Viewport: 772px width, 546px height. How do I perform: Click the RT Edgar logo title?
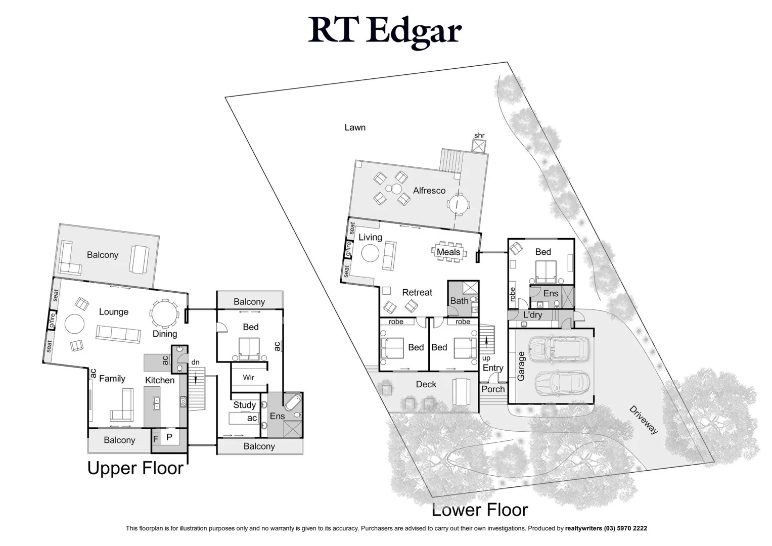tap(385, 30)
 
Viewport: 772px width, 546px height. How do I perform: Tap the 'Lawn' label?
tap(355, 127)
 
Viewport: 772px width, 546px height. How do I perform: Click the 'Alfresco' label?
tap(429, 191)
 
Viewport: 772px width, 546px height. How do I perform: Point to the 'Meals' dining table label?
tap(448, 252)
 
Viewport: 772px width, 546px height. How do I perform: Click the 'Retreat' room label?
tap(417, 292)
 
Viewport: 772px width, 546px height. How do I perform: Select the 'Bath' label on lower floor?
tap(459, 301)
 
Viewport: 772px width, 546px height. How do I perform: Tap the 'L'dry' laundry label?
tap(532, 315)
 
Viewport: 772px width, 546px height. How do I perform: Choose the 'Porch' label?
tap(493, 389)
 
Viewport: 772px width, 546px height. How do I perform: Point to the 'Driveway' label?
tap(644, 420)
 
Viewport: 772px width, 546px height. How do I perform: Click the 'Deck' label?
tap(426, 384)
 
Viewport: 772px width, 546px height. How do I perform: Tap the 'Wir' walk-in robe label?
tap(248, 377)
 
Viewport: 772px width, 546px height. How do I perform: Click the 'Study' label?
tap(244, 405)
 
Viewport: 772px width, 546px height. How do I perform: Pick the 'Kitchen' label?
tap(160, 380)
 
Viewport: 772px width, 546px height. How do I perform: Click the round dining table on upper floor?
tap(164, 313)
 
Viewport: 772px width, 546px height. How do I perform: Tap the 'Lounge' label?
tap(114, 312)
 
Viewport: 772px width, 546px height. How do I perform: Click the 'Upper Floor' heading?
tap(135, 468)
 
